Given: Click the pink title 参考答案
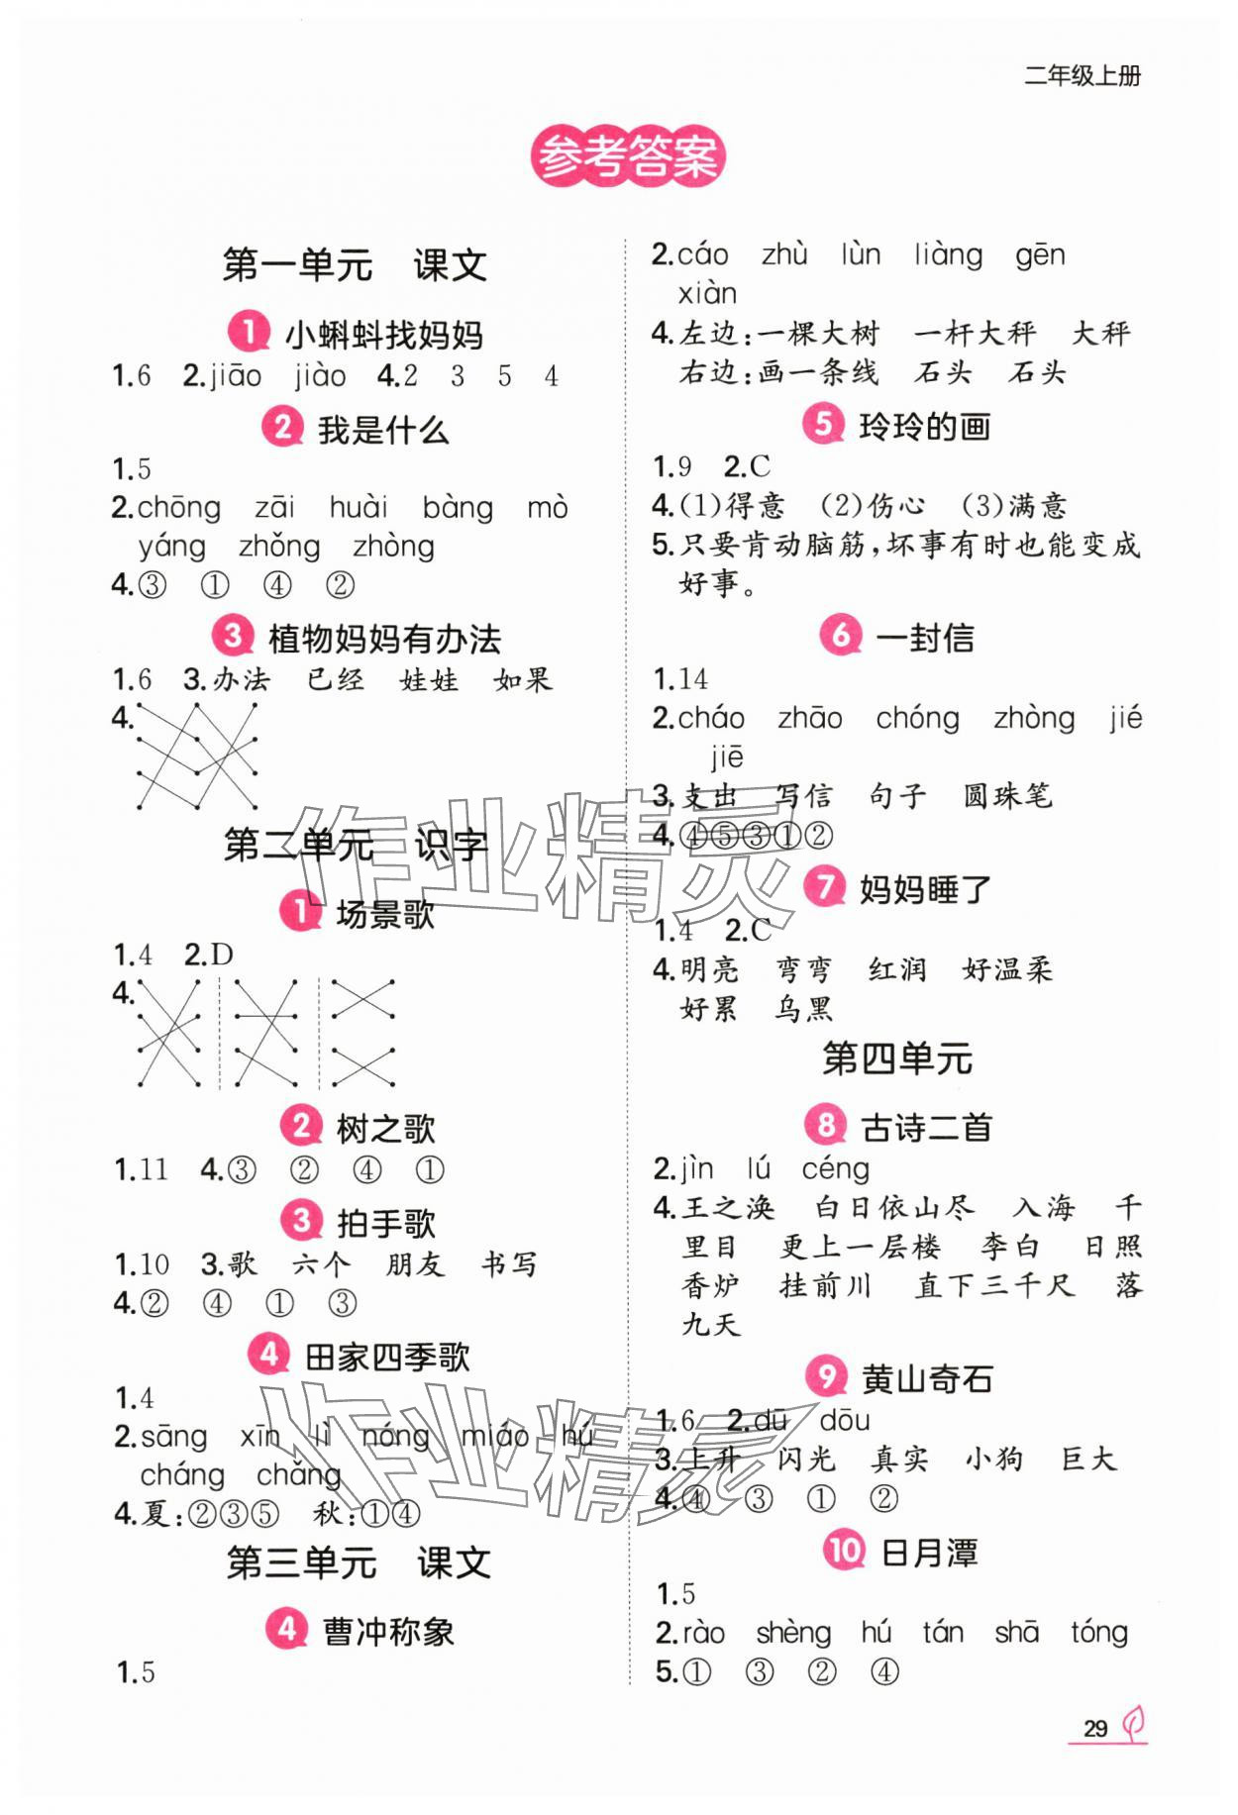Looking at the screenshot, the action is pos(628,157).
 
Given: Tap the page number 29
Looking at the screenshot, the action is pos(1094,1729).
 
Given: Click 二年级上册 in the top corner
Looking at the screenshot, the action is pos(1082,76).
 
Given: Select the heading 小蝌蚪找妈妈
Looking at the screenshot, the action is pos(383,335).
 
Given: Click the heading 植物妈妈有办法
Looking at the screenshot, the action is pos(384,639).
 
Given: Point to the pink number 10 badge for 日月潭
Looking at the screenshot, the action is pos(844,1550).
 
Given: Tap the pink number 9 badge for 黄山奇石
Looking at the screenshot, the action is pos(826,1376).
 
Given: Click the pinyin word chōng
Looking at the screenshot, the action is pos(178,508).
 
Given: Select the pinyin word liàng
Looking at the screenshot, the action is pos(948,255).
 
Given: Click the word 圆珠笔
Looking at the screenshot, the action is pos(1007,795).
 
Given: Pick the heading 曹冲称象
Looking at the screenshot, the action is pos(388,1631).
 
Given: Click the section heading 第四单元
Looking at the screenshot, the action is pos(897,1059).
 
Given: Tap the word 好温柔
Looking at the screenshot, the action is pos(1007,969).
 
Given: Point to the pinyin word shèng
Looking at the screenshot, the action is pos(792,1633).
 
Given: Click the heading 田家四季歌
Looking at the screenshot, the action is pos(387,1357).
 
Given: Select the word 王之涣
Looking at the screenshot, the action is pos(728,1207).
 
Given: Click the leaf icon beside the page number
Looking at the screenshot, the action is pos(1133,1725).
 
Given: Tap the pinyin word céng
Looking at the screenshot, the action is pos(835,1169).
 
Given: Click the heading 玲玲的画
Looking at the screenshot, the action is pos(924,427).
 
